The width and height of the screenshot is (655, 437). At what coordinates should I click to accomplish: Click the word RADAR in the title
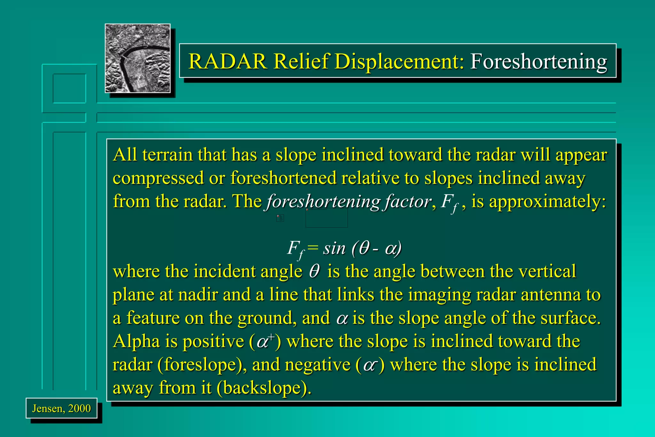pos(228,61)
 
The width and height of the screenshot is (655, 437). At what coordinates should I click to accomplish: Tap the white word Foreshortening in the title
pos(538,62)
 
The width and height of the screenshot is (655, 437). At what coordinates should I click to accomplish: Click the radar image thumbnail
pos(138,58)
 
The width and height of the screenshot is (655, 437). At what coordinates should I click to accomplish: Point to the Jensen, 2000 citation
pos(61,408)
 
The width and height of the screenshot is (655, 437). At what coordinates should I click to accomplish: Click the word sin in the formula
pos(334,248)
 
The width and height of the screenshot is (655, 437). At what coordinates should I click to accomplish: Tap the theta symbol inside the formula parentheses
pos(364,248)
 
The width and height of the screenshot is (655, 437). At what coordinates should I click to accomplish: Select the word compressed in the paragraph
pos(158,178)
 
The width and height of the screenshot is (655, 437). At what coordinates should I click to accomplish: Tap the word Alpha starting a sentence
pos(136,341)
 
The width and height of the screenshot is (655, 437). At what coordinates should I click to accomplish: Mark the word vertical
pos(547,271)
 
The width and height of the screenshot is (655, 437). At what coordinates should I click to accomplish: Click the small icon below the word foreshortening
pos(280,218)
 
